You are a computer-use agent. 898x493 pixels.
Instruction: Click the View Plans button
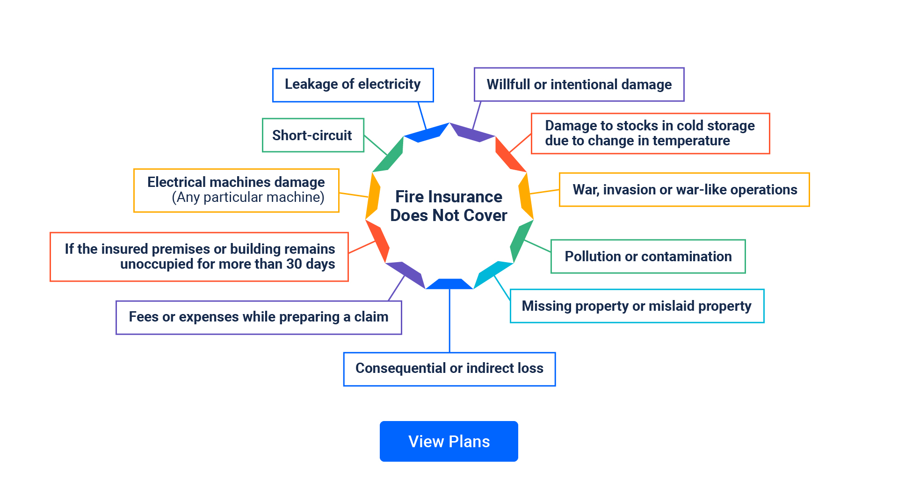[x=449, y=441]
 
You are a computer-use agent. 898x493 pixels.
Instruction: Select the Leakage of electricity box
[x=353, y=85]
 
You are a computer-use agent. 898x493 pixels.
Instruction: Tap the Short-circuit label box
[x=312, y=135]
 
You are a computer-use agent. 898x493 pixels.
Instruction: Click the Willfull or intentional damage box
[x=579, y=85]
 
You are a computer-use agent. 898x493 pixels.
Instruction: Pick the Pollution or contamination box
[x=648, y=256]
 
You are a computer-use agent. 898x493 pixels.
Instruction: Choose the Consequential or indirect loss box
[x=449, y=369]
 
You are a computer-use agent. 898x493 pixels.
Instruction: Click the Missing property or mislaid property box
[x=636, y=306]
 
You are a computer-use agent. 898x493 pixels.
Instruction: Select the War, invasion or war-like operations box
[x=684, y=190]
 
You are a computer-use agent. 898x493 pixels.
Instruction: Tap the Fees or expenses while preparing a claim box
[x=258, y=317]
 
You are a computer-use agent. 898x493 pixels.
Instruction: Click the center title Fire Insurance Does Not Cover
[x=449, y=206]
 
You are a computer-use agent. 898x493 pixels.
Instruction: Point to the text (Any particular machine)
[x=248, y=197]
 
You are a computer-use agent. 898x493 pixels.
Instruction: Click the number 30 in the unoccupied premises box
[x=294, y=264]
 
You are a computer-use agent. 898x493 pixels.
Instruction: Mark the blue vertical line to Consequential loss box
[x=449, y=322]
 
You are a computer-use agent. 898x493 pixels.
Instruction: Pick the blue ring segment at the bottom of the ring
[x=449, y=284]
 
